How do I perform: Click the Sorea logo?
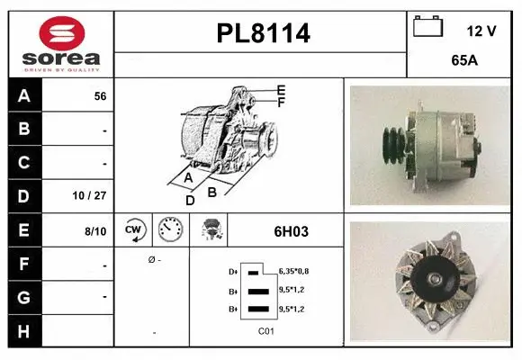60,43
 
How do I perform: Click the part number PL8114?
263,34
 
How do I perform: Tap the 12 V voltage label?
481,31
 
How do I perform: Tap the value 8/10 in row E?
95,230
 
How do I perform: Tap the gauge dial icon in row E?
170,230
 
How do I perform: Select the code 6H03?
290,231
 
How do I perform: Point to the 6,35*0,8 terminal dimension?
295,270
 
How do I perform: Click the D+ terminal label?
233,271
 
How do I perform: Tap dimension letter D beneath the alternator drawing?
190,200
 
